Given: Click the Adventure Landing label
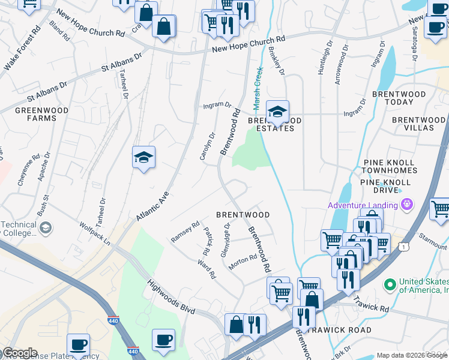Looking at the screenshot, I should click(363, 205).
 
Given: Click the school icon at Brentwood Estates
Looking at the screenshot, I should click(277, 112).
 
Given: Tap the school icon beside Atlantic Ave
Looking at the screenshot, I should click(144, 158).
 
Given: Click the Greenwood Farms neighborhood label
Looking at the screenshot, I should click(35, 114).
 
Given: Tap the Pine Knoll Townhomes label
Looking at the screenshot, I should click(390, 167).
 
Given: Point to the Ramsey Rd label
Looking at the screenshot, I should click(185, 229).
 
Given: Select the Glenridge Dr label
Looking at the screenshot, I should click(225, 241).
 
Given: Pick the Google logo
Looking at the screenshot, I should click(20, 353).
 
